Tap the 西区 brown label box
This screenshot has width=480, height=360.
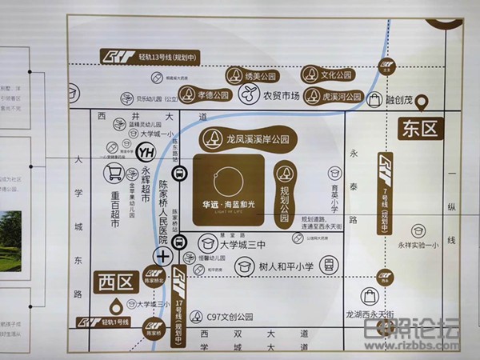tap(115, 283)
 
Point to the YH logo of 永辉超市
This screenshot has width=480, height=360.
tap(146, 150)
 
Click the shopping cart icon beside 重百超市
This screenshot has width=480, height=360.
tap(116, 174)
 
